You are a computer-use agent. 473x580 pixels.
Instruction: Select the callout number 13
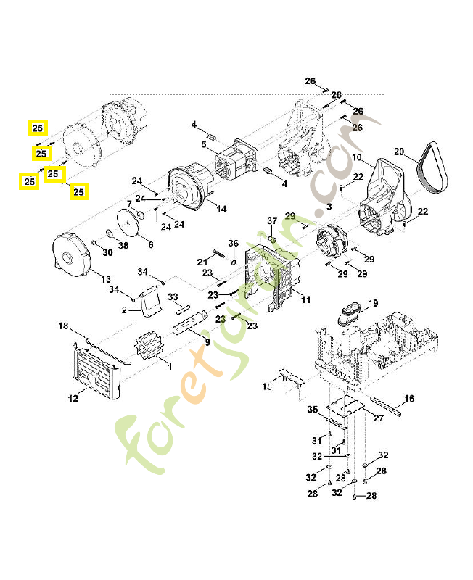(x=105, y=279)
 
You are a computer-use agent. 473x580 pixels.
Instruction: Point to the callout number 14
(x=221, y=209)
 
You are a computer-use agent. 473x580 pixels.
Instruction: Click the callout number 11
(x=305, y=299)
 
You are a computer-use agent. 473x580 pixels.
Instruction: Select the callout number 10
(x=356, y=157)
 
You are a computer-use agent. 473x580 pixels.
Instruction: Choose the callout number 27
(x=379, y=418)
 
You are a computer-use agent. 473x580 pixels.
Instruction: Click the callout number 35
(x=313, y=410)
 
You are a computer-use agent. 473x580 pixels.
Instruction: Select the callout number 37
(x=272, y=220)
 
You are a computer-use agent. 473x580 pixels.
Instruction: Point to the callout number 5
(x=204, y=145)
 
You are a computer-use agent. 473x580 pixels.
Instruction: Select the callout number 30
(x=107, y=252)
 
